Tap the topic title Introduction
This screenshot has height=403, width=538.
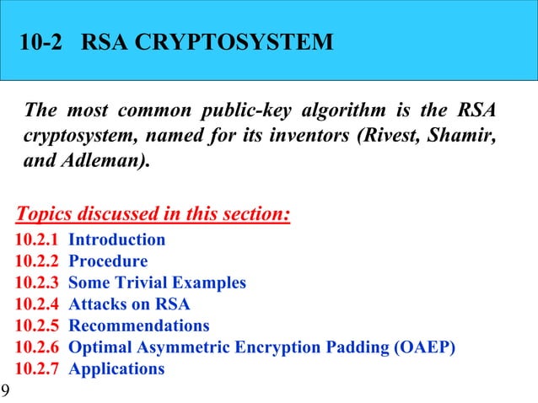[116, 239]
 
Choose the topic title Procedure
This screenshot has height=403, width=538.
[108, 261]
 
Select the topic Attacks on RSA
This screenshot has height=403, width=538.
[129, 304]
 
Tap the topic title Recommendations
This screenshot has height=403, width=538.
[139, 325]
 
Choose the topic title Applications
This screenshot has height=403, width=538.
[116, 368]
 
